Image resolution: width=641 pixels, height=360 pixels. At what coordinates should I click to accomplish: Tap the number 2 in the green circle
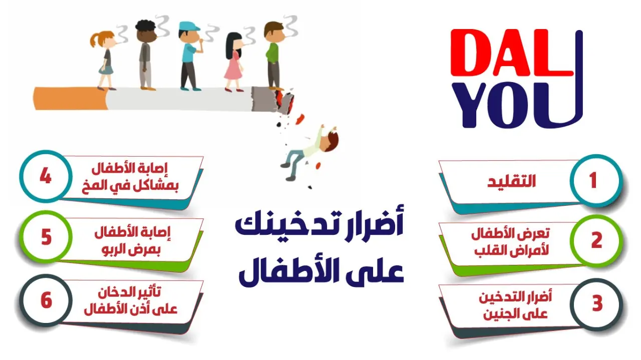(596, 240)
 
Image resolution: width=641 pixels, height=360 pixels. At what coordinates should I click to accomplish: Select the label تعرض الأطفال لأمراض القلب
(510, 242)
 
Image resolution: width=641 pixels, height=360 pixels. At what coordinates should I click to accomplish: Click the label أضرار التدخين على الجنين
(515, 305)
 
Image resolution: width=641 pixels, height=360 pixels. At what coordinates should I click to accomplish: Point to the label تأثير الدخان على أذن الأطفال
(131, 301)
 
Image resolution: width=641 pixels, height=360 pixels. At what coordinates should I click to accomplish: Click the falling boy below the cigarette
(309, 152)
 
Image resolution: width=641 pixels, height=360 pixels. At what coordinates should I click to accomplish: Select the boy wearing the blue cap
(190, 56)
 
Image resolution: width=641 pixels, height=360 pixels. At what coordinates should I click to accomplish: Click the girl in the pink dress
(234, 62)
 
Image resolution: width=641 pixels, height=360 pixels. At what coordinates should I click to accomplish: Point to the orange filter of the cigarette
(71, 99)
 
